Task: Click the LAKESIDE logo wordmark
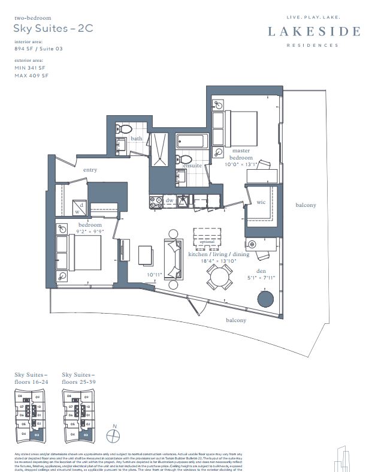(314, 31)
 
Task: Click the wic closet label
(261, 202)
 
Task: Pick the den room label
(262, 270)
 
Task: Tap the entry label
(90, 170)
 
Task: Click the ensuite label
(192, 165)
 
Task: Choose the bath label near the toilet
(137, 139)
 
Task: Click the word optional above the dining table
(206, 242)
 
